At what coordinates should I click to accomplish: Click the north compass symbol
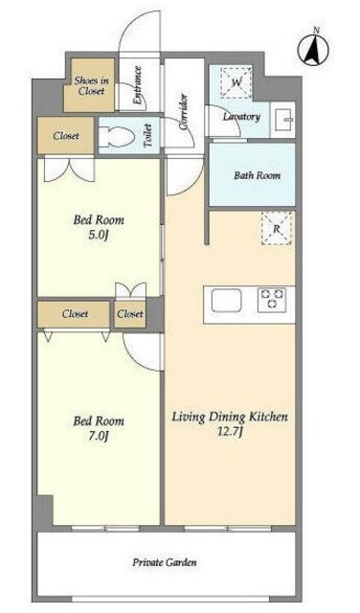(x=313, y=50)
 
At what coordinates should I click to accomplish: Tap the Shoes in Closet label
(x=92, y=86)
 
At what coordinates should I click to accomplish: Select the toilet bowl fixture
(x=116, y=137)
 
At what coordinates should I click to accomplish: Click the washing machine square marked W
(x=236, y=82)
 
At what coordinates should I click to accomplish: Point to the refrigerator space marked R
(x=277, y=229)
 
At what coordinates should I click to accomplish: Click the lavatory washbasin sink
(x=283, y=120)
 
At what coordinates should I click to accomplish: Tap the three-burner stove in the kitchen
(x=272, y=300)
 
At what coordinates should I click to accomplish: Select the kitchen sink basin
(x=226, y=300)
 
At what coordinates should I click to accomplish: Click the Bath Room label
(x=258, y=175)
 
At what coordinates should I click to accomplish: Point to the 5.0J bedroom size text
(x=98, y=236)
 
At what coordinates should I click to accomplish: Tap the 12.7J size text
(x=230, y=432)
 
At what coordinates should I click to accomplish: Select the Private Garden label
(x=165, y=562)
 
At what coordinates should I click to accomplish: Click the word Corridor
(x=183, y=112)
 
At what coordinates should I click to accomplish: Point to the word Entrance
(x=137, y=85)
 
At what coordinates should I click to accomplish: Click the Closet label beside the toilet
(x=66, y=136)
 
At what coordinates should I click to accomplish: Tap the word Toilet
(x=147, y=136)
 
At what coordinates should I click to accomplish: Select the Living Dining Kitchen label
(x=230, y=418)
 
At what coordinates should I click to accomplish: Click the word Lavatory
(x=241, y=117)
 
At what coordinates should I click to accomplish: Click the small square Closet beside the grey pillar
(x=130, y=313)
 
